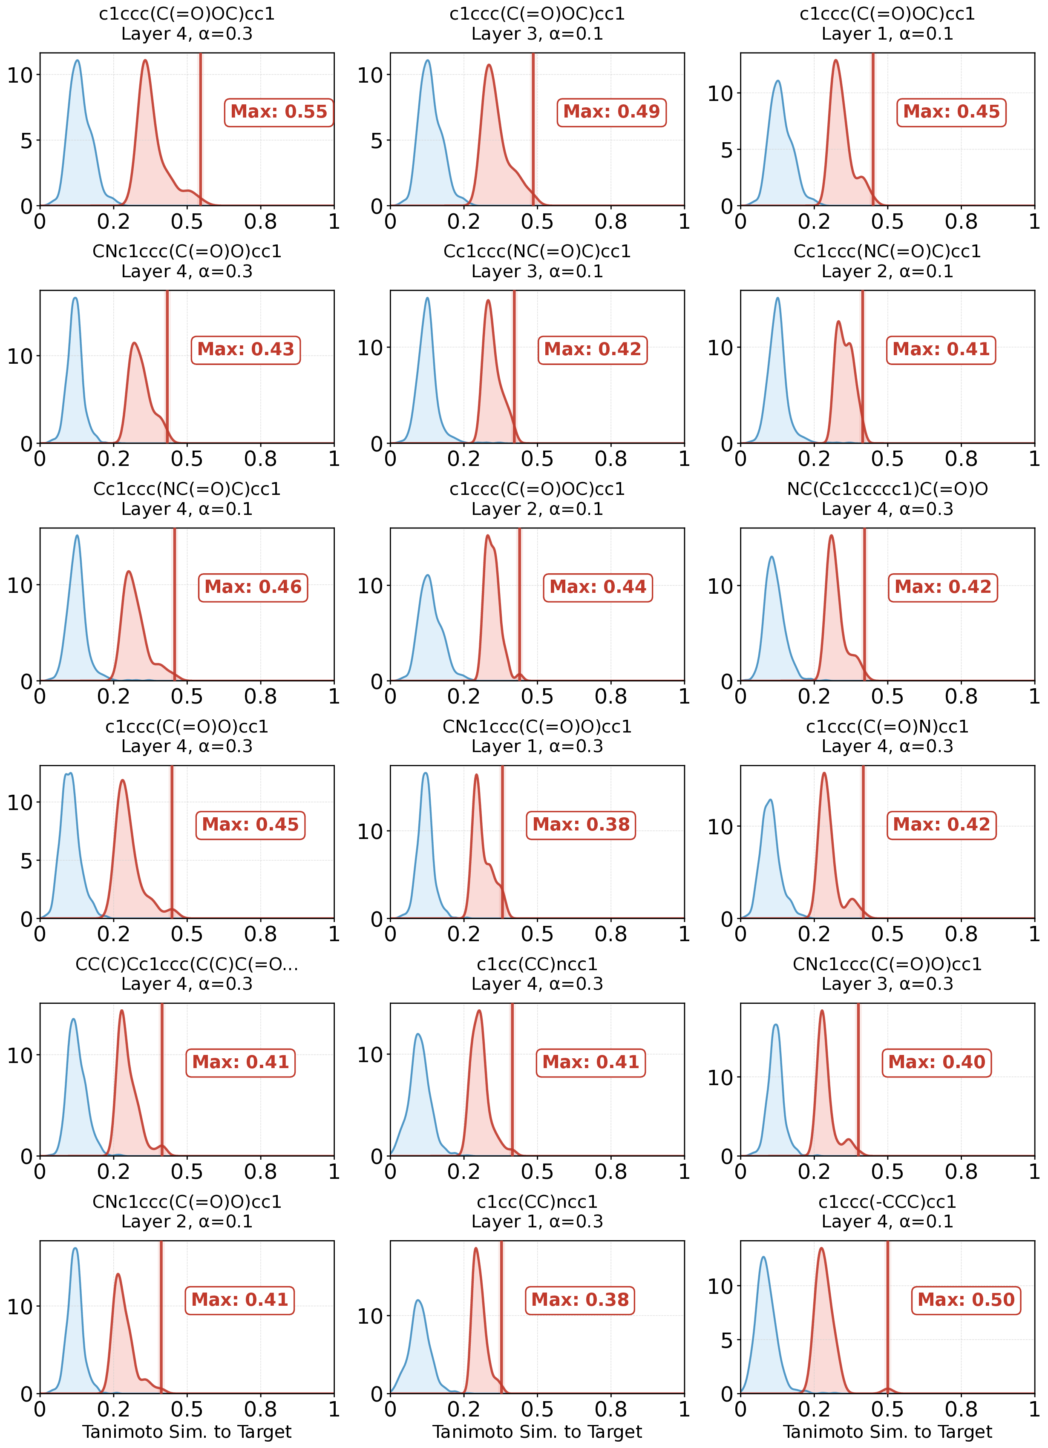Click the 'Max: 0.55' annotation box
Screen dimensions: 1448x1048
(279, 112)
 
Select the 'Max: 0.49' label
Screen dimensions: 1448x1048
(611, 112)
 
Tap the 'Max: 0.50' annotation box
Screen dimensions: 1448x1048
(966, 1299)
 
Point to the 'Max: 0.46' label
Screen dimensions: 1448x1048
(253, 587)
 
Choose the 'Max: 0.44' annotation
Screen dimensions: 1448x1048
(598, 587)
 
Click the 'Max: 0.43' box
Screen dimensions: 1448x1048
(246, 350)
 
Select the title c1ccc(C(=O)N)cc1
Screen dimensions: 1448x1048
(887, 727)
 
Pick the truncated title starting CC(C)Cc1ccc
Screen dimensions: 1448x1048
(187, 964)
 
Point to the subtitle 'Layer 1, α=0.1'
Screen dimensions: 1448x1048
(887, 34)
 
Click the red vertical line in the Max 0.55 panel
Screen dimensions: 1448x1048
(201, 128)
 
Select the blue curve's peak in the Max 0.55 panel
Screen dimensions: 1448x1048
(77, 61)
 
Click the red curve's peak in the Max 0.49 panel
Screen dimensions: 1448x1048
(489, 65)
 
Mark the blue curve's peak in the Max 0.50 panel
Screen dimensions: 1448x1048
(763, 1258)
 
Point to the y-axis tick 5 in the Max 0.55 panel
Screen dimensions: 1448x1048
(26, 141)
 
